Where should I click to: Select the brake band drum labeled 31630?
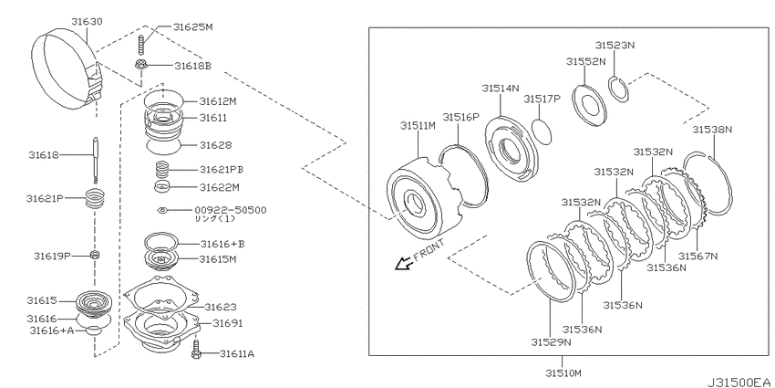coord(67,69)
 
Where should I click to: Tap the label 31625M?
coord(192,27)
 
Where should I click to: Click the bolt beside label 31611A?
coord(197,349)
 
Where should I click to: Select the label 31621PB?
coord(222,169)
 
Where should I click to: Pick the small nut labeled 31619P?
coord(94,256)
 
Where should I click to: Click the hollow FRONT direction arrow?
coord(402,264)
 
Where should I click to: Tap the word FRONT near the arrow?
coord(429,249)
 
